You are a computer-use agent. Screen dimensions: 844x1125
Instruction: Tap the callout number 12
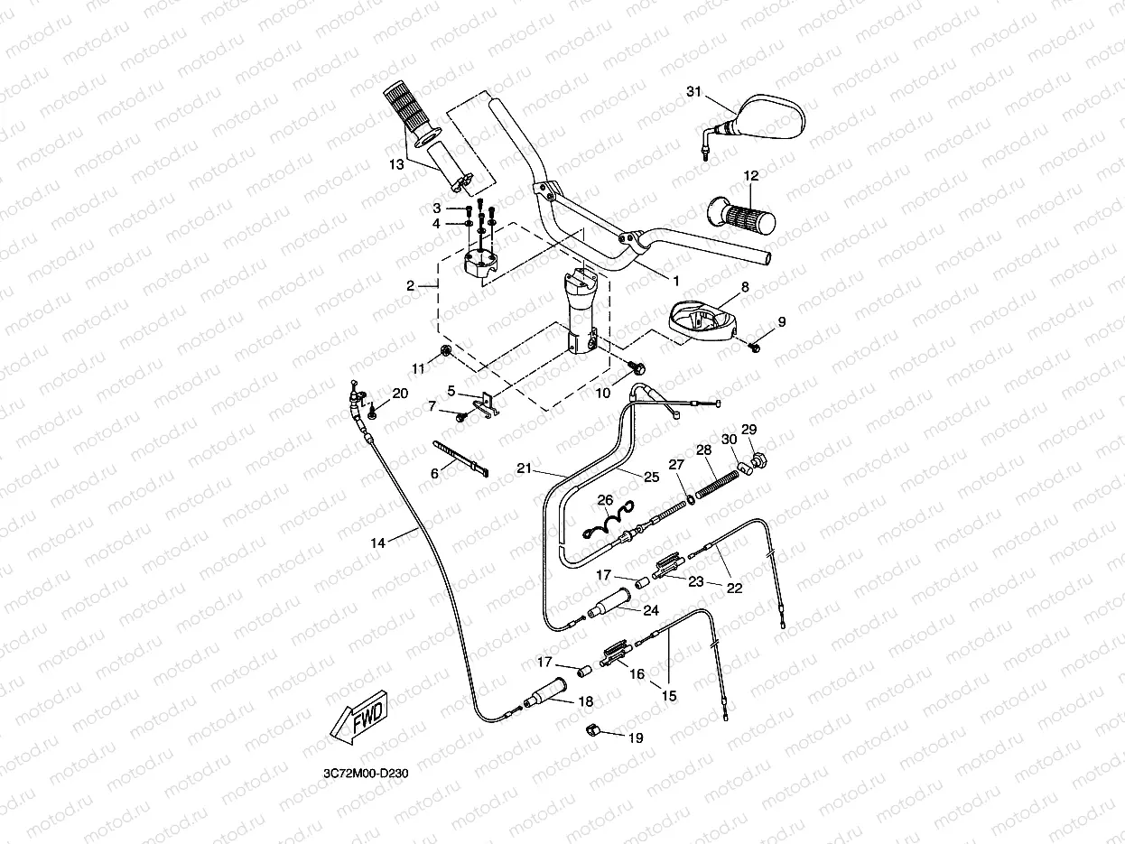tap(751, 175)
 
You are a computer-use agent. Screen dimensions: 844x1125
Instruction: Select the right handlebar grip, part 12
tap(740, 217)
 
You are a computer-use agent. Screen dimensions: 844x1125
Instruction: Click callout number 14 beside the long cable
tap(377, 543)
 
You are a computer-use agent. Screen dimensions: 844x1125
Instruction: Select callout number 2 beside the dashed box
tap(410, 285)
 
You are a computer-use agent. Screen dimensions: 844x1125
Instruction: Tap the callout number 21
tap(525, 468)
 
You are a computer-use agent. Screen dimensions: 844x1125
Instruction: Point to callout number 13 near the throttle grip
tap(396, 164)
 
